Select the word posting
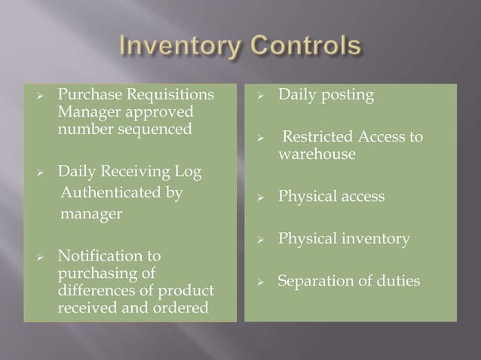pos(346,96)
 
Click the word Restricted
pos(322,137)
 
